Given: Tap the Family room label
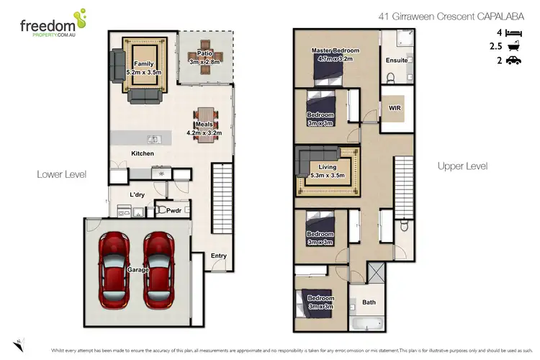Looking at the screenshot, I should (144, 68).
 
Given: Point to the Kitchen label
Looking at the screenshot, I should (142, 153).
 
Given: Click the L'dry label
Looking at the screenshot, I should (138, 194).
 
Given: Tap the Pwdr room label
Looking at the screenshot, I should (174, 212).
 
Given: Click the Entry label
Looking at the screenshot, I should (218, 256).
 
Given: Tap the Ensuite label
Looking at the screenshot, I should (396, 60).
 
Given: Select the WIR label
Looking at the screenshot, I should (394, 108).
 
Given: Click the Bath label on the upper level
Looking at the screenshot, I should (369, 302).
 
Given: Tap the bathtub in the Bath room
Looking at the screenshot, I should (369, 323).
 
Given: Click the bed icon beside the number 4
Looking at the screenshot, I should (513, 32).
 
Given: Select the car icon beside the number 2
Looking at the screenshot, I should (513, 61).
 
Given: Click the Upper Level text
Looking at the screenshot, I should (462, 166).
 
